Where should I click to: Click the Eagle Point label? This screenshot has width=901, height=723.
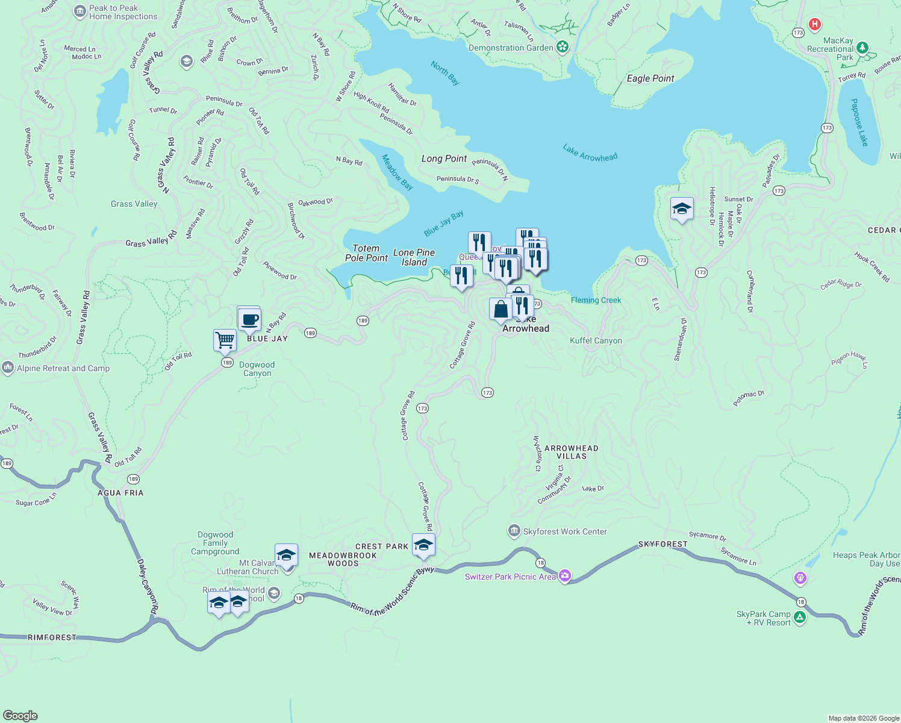pos(650,78)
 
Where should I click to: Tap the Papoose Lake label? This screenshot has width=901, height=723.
pos(859,123)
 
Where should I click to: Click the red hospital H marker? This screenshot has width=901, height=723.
pos(814,24)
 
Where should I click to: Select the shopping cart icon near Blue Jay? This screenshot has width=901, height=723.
pos(225,340)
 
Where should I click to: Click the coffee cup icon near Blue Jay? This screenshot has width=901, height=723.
pos(249,319)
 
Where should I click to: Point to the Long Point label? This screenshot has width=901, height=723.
pos(444,158)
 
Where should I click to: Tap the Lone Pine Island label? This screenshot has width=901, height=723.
pos(414,257)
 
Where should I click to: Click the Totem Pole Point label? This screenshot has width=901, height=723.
pos(366,253)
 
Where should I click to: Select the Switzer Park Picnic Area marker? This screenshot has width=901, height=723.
pos(565,577)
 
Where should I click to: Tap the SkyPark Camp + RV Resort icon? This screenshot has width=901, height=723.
pos(800,617)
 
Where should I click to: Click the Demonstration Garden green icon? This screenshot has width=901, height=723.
pos(563,47)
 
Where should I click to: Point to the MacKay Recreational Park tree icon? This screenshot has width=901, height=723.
pos(862,48)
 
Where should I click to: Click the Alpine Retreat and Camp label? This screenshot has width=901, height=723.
pos(63,368)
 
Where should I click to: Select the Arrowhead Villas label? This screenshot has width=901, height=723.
pos(571,452)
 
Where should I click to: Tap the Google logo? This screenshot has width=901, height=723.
pos(20,715)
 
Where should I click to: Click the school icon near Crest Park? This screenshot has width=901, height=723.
pos(423,545)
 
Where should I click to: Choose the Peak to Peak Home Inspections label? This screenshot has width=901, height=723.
pos(123,12)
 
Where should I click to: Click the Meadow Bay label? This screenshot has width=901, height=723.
pos(397,172)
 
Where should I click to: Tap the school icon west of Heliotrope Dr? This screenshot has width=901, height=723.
pos(682,209)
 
